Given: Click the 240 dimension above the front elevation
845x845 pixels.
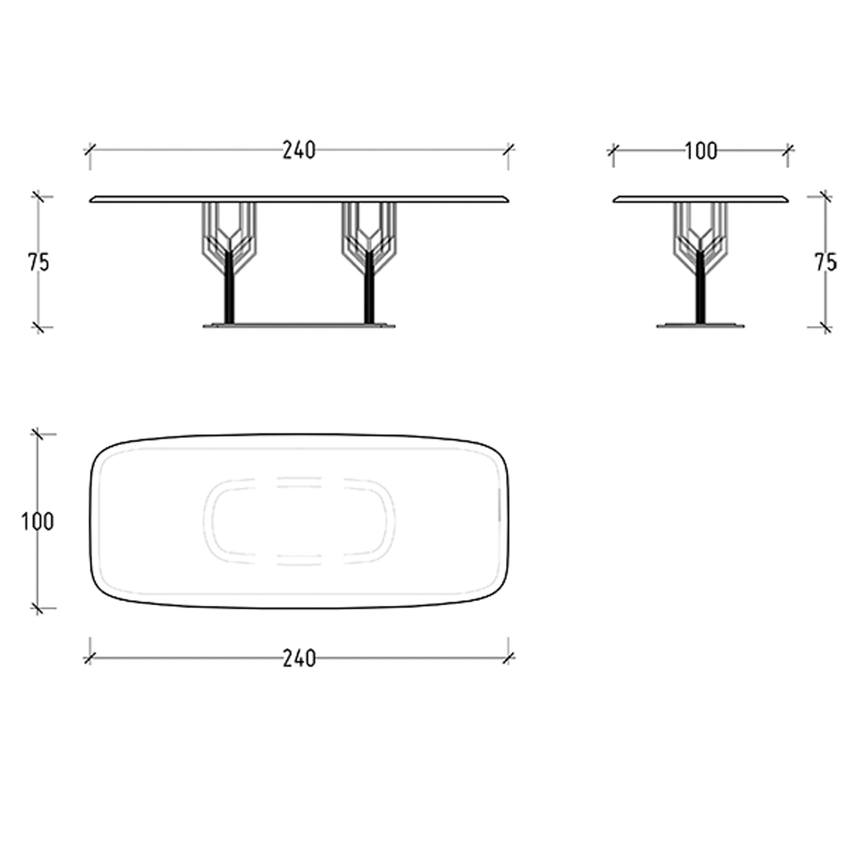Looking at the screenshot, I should coord(299,151).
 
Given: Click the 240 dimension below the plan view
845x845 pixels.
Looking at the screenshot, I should coord(299,658).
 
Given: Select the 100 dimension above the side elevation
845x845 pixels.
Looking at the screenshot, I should coord(701,151).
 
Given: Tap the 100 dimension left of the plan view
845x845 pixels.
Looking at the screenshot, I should coord(37,522).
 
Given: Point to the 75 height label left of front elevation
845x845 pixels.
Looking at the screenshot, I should coord(38,262).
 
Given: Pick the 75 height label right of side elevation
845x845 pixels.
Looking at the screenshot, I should coord(825,262).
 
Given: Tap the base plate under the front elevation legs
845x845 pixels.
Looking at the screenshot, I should coord(299,326).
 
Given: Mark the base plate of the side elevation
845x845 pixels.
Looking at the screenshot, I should coord(700,325).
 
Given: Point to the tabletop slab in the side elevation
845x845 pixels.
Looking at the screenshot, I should coord(701,199).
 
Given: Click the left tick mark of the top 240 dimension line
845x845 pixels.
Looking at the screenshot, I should coord(90,150).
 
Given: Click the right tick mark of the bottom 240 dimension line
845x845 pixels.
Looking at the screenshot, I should coord(509,658).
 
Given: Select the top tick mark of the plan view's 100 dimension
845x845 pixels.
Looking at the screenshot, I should coord(37,434).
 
